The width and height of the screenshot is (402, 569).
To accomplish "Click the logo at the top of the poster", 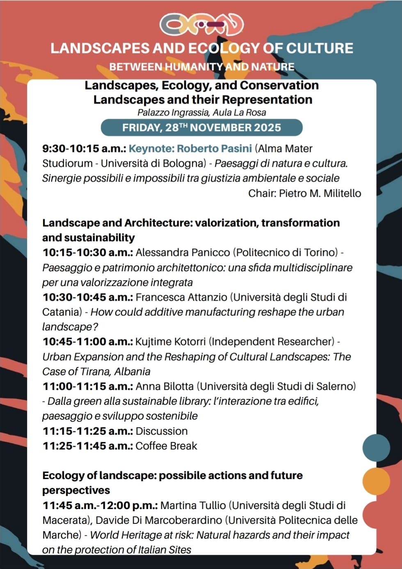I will click(x=201, y=25).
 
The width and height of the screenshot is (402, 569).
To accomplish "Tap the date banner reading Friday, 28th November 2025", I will click(x=201, y=128).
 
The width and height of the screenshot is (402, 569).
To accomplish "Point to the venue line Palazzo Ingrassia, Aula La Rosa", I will click(x=201, y=112).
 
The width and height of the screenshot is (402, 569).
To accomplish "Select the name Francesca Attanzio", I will click(x=181, y=297).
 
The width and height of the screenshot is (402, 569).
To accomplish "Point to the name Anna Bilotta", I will click(x=164, y=386).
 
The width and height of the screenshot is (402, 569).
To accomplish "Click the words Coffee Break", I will click(x=166, y=446).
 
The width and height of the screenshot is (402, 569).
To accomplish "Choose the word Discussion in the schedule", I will click(x=162, y=431).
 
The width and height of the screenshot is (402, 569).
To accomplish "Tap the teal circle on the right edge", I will click(x=376, y=447).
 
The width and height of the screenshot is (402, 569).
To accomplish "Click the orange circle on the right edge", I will click(x=376, y=481).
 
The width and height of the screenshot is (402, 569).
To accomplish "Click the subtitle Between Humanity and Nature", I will click(x=201, y=67).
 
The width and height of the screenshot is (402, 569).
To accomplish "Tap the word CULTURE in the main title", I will click(x=319, y=48).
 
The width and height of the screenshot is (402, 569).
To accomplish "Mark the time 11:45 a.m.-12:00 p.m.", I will click(x=100, y=505).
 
